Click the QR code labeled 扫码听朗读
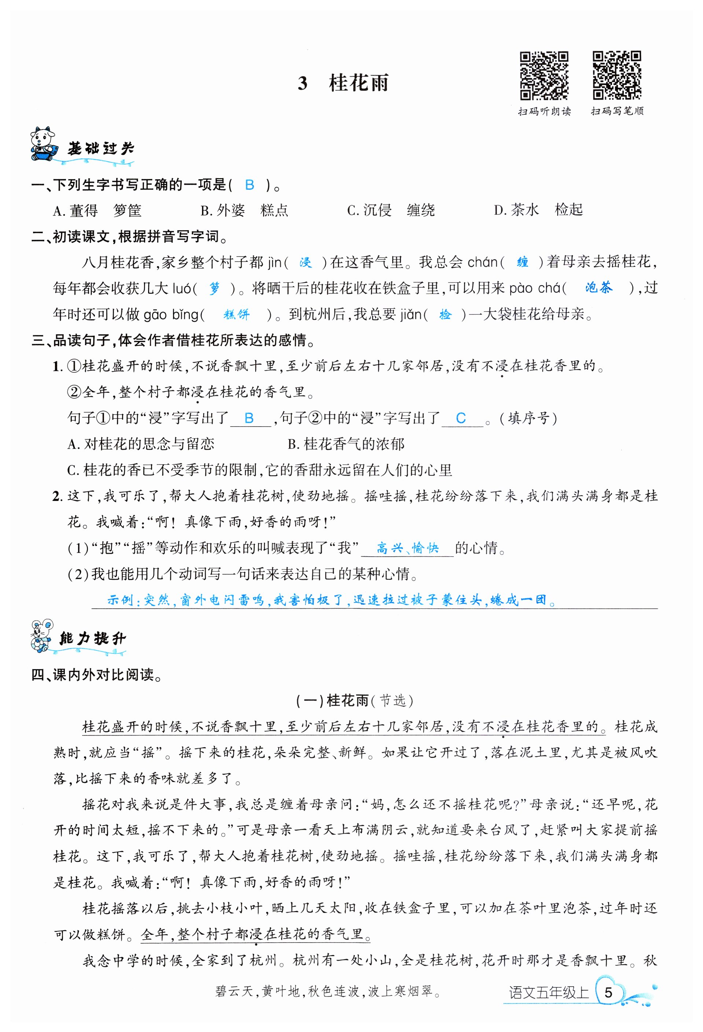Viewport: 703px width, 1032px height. (544, 75)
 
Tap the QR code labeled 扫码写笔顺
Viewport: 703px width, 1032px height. (617, 75)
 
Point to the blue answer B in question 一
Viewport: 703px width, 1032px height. (250, 185)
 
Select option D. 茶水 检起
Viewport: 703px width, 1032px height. (538, 210)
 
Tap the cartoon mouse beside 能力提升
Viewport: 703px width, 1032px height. (42, 636)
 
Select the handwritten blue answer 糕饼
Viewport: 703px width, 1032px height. (236, 314)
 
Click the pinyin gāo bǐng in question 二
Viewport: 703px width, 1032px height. (171, 314)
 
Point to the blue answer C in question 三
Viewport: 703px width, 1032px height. (461, 418)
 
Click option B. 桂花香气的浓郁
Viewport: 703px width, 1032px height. (346, 443)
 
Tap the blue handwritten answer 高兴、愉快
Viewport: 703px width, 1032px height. (407, 548)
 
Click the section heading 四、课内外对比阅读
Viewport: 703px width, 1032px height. (97, 675)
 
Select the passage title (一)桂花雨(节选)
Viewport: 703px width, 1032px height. (354, 700)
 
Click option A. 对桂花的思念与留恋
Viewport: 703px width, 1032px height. (141, 443)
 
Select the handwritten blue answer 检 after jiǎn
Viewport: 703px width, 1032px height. (445, 314)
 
